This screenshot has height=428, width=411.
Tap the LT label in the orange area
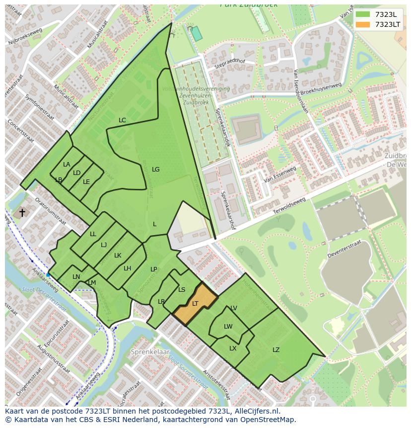pos(195,303)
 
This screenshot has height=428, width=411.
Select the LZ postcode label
pos(276,350)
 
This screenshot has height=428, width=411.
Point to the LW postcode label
pos(228,327)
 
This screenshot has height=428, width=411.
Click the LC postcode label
pos(122,120)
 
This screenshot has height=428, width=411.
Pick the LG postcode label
pos(155,170)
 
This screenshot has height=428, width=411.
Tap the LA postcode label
pos(67,165)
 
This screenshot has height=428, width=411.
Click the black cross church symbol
pos(22,213)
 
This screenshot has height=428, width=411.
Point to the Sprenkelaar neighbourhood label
pos(147,351)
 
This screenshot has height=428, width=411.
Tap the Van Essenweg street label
pos(280,174)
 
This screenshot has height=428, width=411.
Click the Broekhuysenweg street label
pos(321,90)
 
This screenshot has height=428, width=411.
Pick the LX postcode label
pos(233,348)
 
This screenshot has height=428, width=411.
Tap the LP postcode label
pos(154,269)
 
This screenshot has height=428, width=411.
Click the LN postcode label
pos(76,277)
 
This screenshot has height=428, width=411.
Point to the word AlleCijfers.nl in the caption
pos(258,411)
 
